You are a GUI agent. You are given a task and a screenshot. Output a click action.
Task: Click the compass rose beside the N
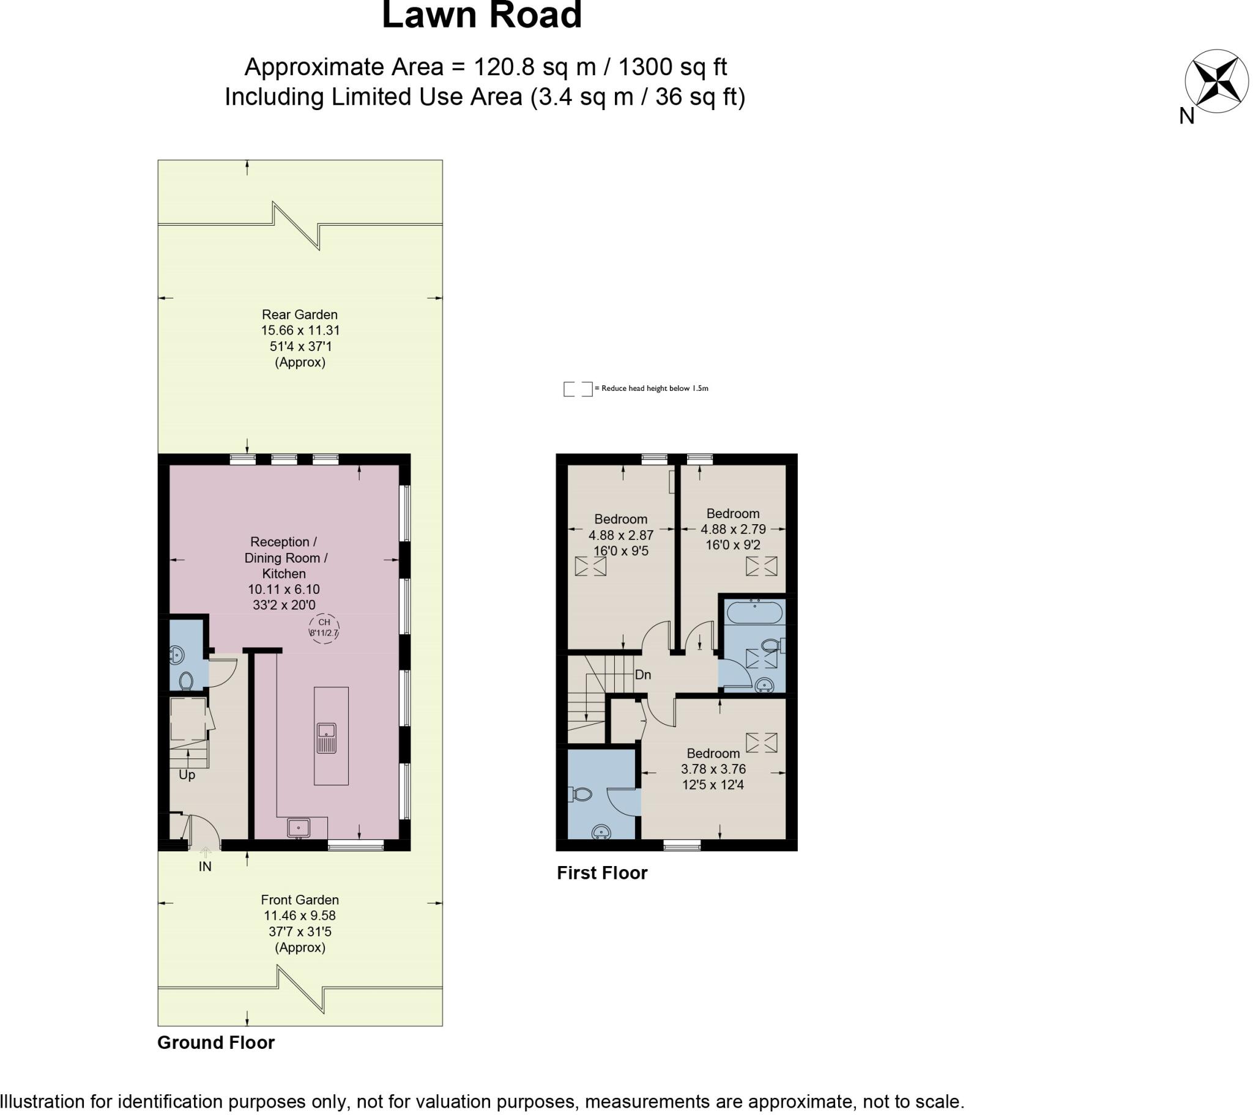[x=1217, y=81]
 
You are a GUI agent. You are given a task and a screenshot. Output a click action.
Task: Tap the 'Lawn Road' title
[x=482, y=15]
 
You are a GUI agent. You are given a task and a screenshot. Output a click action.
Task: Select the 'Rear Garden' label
[x=300, y=314]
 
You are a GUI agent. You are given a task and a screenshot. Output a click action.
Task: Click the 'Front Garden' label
[x=300, y=900]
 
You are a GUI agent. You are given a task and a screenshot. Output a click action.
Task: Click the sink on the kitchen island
[x=327, y=738]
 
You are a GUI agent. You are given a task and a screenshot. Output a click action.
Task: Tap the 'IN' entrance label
[x=205, y=867]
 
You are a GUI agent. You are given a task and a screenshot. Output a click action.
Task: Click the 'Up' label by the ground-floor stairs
[x=187, y=776]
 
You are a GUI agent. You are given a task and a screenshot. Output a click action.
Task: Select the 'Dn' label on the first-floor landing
[x=643, y=675]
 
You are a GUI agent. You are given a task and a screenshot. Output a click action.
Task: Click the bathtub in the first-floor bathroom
[x=754, y=612]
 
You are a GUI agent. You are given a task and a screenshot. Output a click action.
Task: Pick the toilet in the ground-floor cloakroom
[x=187, y=680]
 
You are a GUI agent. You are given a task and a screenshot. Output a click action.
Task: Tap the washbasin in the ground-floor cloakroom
[x=177, y=655]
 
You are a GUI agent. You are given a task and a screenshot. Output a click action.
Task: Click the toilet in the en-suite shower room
[x=580, y=795]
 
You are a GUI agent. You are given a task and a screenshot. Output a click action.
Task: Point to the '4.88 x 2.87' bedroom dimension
[x=621, y=535]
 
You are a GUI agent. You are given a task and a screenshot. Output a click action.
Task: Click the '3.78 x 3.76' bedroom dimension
[x=713, y=769]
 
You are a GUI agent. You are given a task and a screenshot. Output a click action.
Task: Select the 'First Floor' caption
[x=602, y=873]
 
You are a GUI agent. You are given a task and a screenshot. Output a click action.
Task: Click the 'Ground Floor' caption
[x=217, y=1043]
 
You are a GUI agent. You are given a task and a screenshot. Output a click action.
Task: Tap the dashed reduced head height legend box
[x=578, y=388]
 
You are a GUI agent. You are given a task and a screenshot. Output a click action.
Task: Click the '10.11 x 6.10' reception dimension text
[x=284, y=590]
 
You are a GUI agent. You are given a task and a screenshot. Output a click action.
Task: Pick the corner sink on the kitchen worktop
[x=299, y=828]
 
